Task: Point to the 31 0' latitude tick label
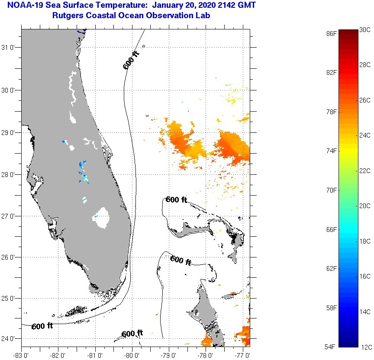click(10, 48)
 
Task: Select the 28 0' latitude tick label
click(10, 175)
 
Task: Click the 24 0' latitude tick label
click(10, 339)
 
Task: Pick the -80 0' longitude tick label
click(132, 355)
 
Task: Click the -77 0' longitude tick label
click(244, 355)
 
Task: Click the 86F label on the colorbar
click(332, 33)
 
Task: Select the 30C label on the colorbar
click(365, 29)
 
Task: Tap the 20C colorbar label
click(365, 206)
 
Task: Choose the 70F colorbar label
click(332, 190)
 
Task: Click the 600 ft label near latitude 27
click(177, 200)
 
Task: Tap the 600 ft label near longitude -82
click(42, 326)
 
